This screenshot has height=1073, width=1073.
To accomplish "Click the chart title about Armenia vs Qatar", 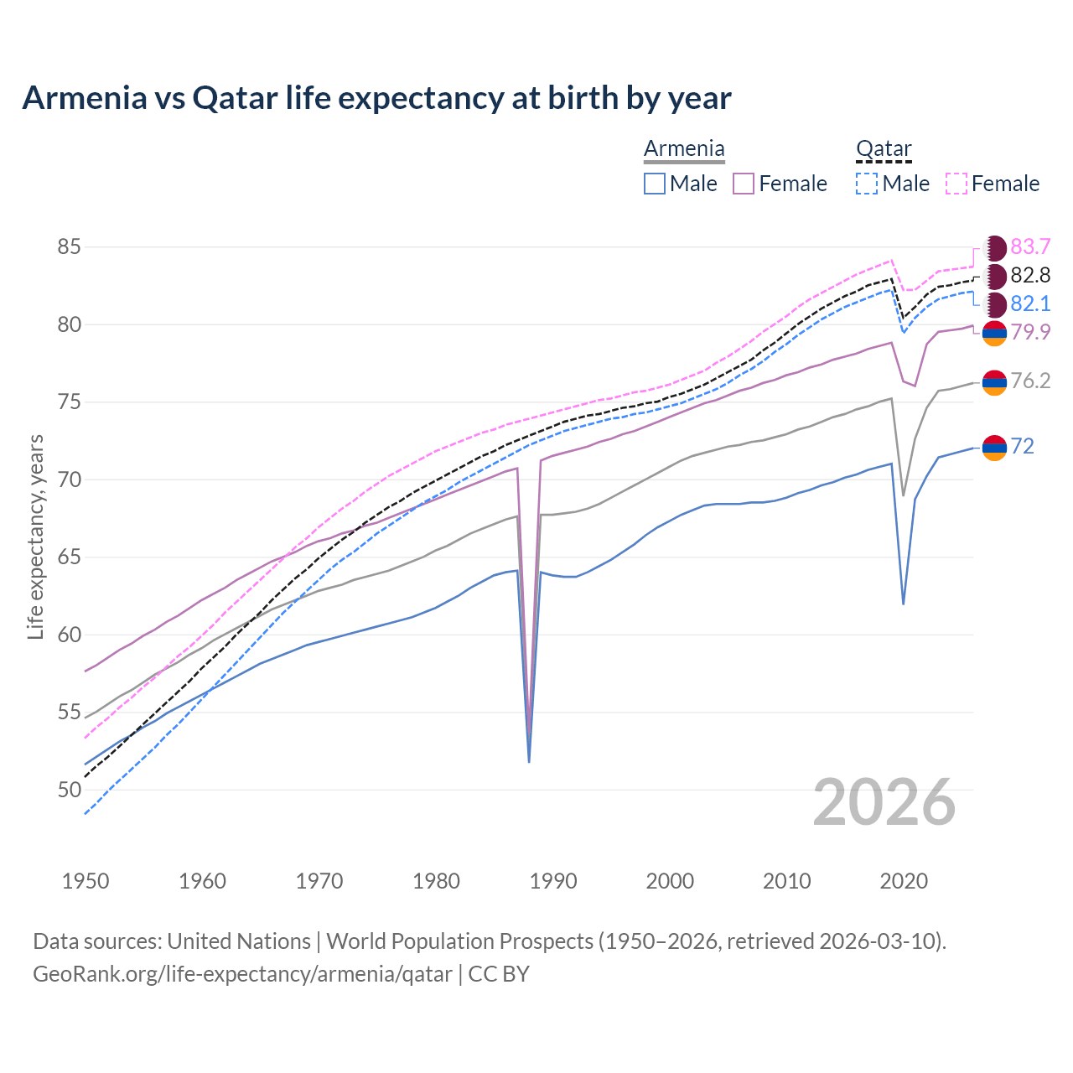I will point(376,98).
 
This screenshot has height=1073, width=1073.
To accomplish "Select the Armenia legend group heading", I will point(684,149).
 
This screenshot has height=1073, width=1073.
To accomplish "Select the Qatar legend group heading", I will point(884,149).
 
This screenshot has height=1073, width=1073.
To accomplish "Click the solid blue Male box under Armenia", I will point(655,184).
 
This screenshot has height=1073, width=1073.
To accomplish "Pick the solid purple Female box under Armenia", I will point(744,184).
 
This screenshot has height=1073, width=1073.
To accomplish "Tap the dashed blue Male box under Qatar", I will point(867,184).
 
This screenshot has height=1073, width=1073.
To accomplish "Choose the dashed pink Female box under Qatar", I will point(956,184).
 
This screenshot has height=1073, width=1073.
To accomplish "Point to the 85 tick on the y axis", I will point(70,247).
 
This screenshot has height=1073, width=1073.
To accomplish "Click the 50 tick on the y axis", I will point(70,790).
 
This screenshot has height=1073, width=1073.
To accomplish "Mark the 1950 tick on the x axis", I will point(86,881).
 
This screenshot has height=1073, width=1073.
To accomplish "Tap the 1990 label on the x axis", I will point(553,881).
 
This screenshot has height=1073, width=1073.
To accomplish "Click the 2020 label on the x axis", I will point(904,881).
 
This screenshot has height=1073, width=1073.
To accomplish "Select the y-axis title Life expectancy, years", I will point(36,536).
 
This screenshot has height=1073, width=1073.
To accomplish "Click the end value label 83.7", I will point(1030,246).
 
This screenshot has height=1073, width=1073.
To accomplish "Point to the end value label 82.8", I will point(1030,275).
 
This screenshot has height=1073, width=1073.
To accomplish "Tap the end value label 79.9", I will point(1030,333).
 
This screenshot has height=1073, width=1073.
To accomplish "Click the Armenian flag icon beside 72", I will point(994,448).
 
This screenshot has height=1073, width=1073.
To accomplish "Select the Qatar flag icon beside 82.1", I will point(994,304).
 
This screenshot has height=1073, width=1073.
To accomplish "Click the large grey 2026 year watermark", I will point(884,802).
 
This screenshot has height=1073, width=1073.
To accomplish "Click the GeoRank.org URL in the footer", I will point(242,974).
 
